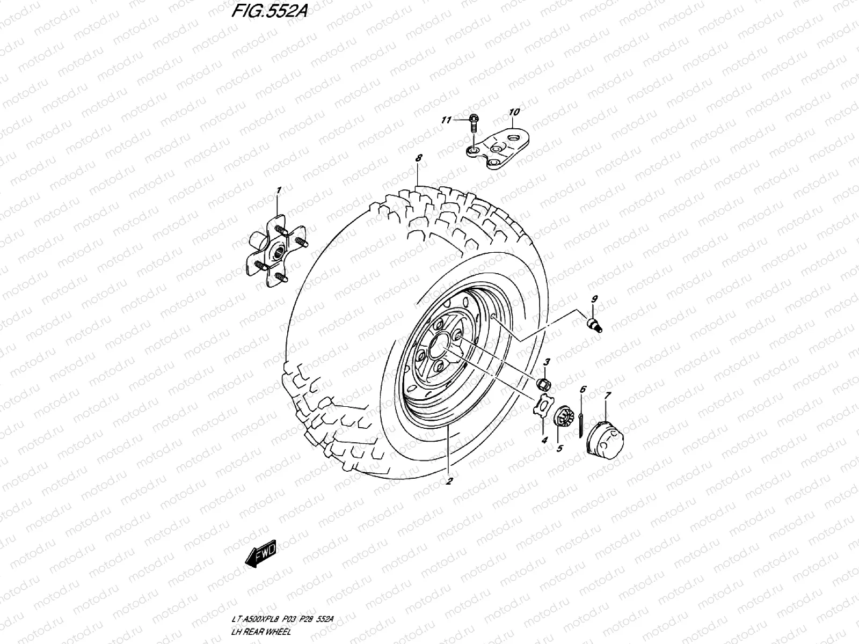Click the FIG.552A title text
pos(270,11)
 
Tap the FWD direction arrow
pos(260,554)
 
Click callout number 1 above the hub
pos(279,191)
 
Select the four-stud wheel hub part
pos(276,251)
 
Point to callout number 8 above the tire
pos(419,158)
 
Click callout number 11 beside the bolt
pos(446,120)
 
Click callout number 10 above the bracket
pos(514,112)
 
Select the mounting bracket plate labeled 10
pos(498,149)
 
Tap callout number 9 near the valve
pos(594,299)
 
